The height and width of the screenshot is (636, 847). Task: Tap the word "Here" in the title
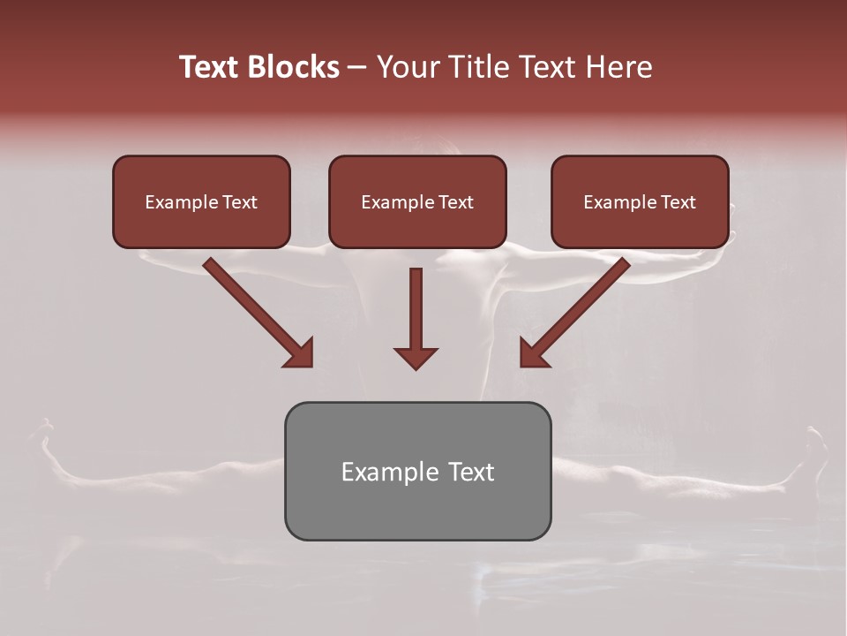point(619,67)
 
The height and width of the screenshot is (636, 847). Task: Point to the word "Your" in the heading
point(409,67)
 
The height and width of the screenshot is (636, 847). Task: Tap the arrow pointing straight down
point(416,309)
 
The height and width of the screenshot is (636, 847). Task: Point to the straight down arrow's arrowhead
point(416,358)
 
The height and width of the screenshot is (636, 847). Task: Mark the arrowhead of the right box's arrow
point(532,353)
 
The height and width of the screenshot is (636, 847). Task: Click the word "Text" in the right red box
point(678,202)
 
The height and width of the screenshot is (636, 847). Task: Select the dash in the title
point(358,67)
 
